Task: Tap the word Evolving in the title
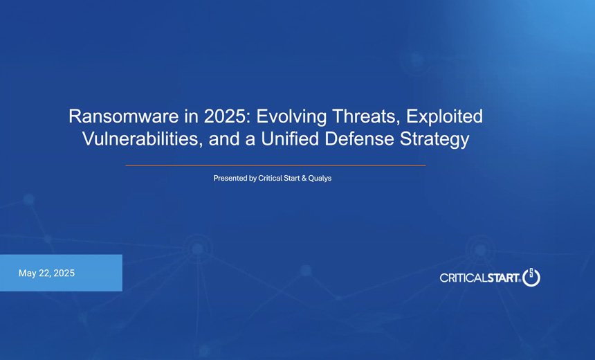pyautogui.click(x=284, y=116)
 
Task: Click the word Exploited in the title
pyautogui.click(x=443, y=116)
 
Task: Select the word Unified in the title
pyautogui.click(x=289, y=139)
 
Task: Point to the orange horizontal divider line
pyautogui.click(x=275, y=165)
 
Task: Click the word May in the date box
pyautogui.click(x=28, y=273)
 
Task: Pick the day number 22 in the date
pyautogui.click(x=45, y=273)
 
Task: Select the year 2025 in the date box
pyautogui.click(x=64, y=273)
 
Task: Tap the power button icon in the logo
pyautogui.click(x=531, y=277)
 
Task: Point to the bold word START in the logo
pyautogui.click(x=504, y=278)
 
